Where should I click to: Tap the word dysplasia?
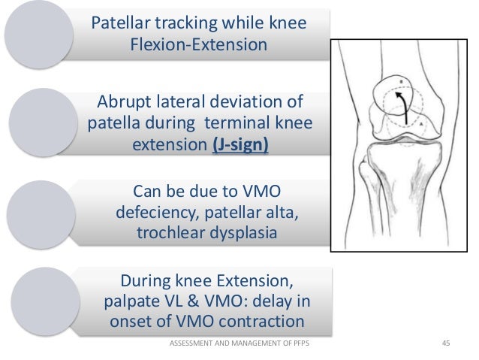[x=243, y=233]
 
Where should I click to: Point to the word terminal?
[x=247, y=122]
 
